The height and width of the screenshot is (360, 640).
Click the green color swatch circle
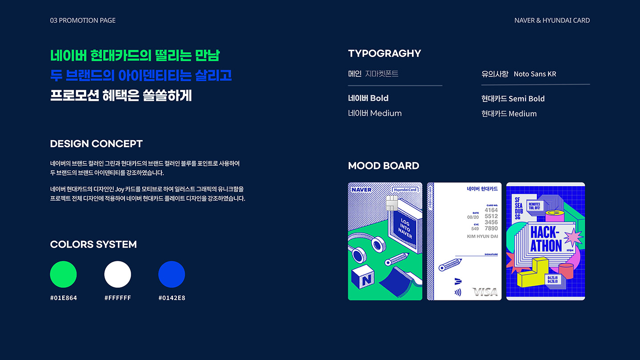64,274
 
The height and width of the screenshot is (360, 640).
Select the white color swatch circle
118,274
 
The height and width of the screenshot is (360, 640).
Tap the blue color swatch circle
172,274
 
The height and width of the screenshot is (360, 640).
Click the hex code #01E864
64,298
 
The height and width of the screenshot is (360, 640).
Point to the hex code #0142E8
172,298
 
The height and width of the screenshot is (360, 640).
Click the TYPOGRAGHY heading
384,53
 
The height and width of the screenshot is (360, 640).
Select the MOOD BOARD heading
384,166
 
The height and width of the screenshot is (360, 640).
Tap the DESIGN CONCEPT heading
96,144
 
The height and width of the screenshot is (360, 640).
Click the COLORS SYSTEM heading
93,244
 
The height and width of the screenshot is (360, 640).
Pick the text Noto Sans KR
535,74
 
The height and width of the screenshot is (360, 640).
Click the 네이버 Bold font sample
368,98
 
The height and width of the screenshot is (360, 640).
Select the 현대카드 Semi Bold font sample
513,99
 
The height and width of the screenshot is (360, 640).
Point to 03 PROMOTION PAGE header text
83,20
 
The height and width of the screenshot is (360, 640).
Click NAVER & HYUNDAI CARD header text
552,20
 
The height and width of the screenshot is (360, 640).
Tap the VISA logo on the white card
485,292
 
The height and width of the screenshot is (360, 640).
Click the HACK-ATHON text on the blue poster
546,239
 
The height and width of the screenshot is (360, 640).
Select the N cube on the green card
363,278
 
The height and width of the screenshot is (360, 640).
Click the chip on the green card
392,203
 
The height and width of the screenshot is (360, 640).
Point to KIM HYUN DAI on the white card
482,236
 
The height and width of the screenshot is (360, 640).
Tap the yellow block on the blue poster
536,272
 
